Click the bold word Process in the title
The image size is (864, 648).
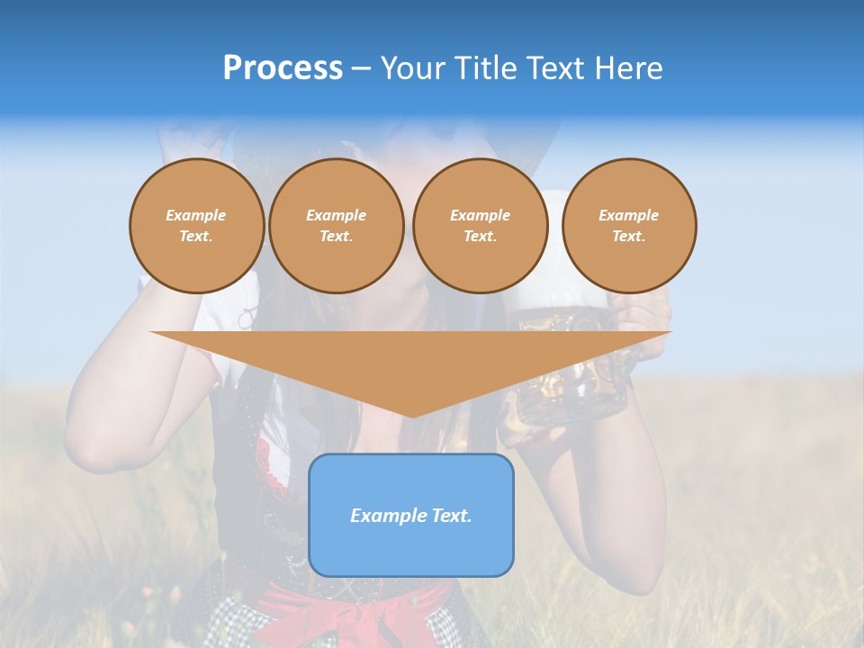click(x=283, y=68)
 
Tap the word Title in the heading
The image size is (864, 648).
click(x=486, y=68)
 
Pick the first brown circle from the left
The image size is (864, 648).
click(x=197, y=226)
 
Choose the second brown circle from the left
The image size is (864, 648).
click(x=337, y=226)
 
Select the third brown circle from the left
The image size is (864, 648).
click(x=481, y=226)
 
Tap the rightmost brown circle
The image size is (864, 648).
click(x=629, y=226)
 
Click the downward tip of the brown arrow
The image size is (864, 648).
click(x=411, y=413)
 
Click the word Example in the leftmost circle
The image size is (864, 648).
click(x=196, y=216)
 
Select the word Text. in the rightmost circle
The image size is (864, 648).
click(x=629, y=237)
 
